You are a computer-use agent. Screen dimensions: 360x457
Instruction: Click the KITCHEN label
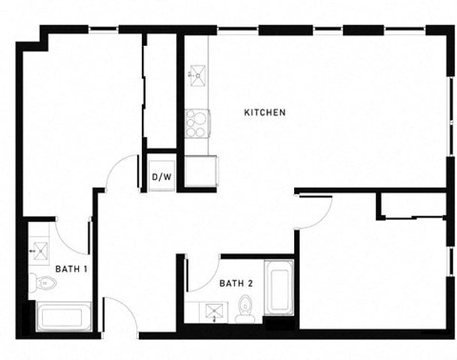266,113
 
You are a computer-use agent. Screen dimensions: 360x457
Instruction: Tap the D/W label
161,176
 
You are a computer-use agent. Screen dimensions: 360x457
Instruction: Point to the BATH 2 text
236,283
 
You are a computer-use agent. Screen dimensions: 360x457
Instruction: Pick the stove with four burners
198,124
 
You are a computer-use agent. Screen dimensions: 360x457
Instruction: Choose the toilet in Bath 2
246,307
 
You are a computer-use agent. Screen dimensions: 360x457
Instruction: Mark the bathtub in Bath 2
277,290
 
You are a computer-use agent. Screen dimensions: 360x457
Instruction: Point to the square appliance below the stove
199,171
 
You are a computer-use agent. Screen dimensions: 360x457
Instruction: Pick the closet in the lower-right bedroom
411,205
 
